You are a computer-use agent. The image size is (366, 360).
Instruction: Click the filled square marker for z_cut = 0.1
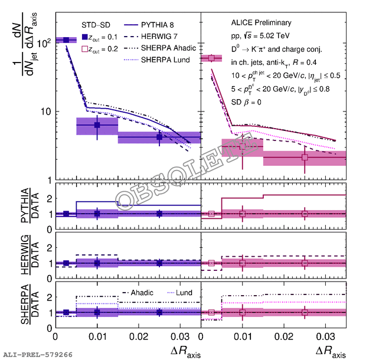pos(85,37)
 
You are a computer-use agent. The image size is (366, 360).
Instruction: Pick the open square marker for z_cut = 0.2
pos(85,49)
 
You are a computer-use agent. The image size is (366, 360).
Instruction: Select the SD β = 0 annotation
pos(245,102)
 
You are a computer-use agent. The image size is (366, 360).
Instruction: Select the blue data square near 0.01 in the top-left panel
pos(97,125)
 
